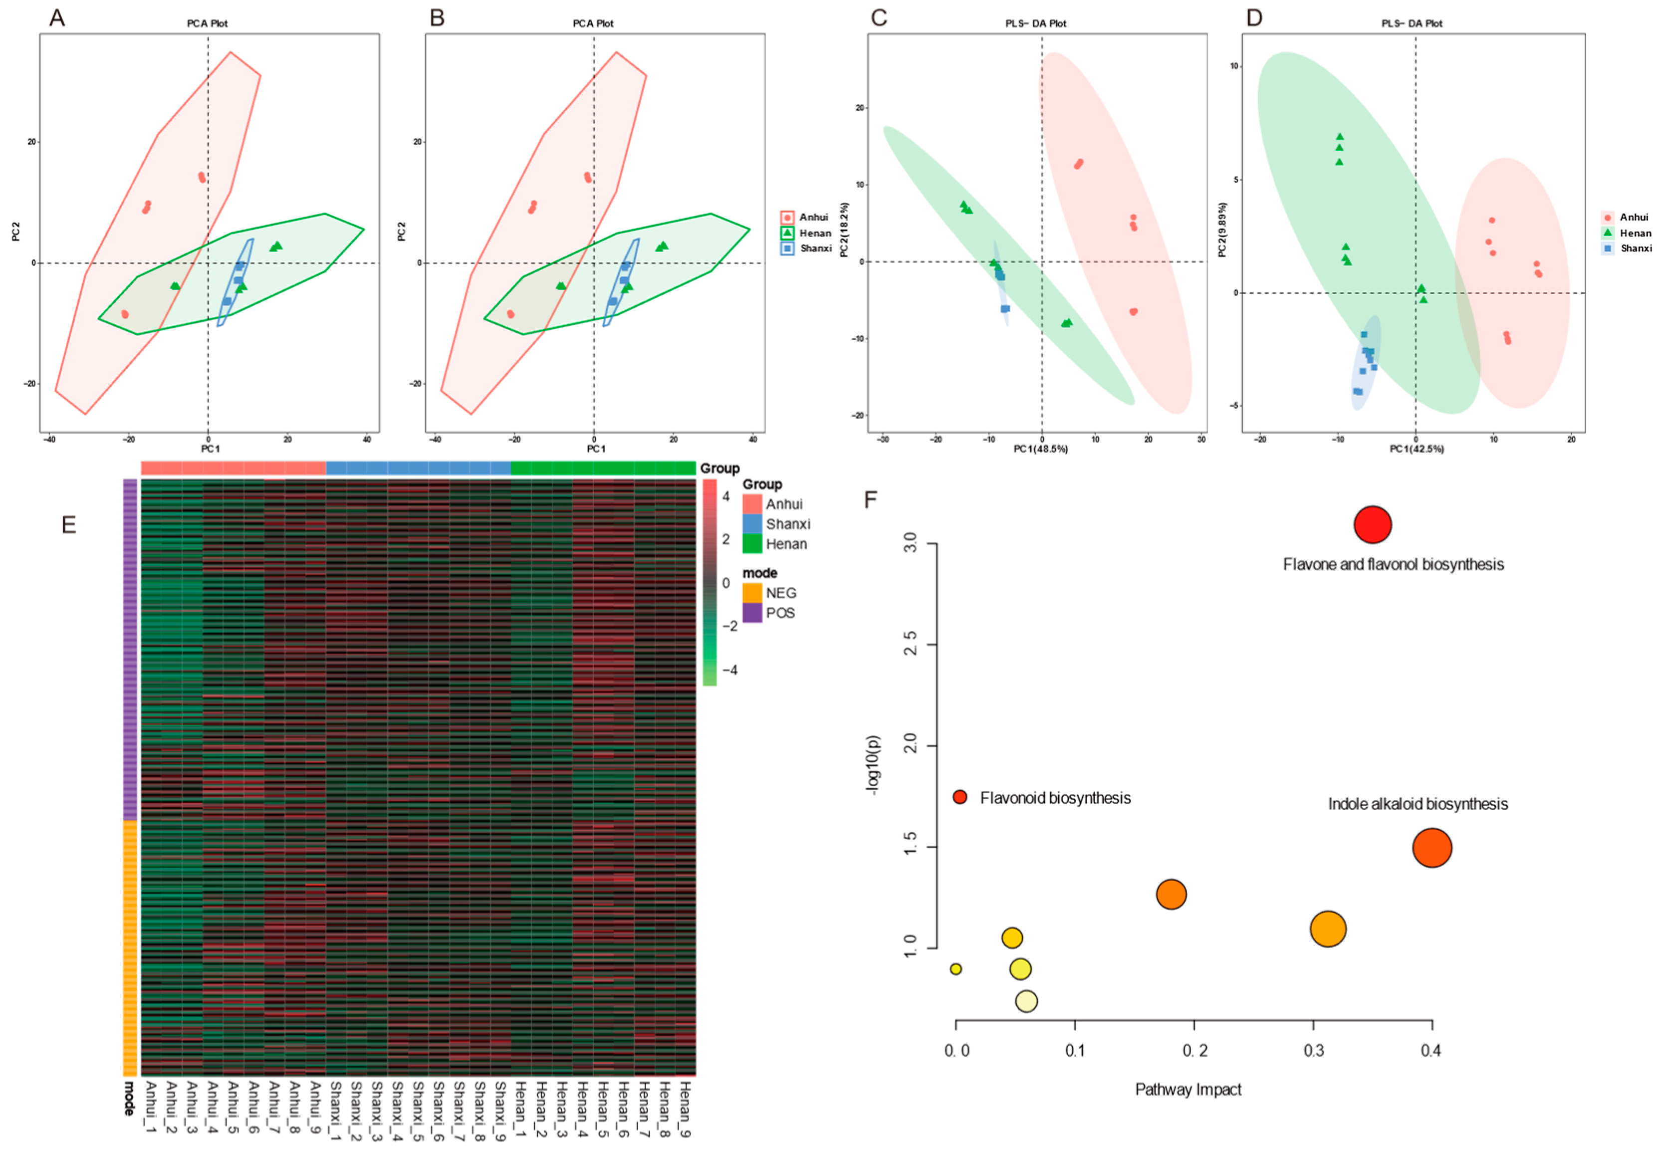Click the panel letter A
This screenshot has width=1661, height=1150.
[x=57, y=17]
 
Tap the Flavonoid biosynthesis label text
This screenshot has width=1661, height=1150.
[x=1054, y=798]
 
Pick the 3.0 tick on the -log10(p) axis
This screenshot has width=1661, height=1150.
[x=910, y=543]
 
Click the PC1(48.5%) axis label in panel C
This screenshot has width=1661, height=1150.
[x=1040, y=449]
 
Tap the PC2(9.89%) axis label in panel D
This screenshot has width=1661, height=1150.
[x=1221, y=229]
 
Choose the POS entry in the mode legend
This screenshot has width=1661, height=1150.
[x=780, y=613]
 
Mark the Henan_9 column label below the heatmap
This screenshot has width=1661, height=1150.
[x=685, y=1109]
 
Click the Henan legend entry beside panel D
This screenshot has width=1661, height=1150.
[x=1635, y=232]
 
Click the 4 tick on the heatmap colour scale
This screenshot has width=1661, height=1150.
[x=725, y=496]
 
